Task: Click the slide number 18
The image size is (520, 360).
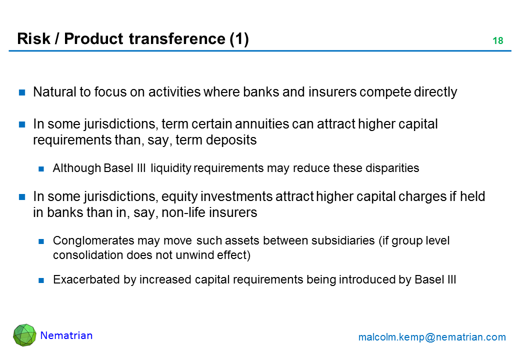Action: tap(498, 40)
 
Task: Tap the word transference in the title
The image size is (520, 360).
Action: tap(177, 38)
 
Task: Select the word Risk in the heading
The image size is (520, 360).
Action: tap(33, 38)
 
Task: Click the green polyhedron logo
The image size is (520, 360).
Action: tap(24, 335)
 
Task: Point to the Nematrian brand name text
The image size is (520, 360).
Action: tap(66, 335)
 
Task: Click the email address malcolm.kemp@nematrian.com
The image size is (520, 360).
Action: tap(432, 337)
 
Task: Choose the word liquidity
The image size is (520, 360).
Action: tap(171, 168)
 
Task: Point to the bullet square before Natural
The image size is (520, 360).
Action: tap(22, 92)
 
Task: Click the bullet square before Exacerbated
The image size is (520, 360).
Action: tap(41, 280)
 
